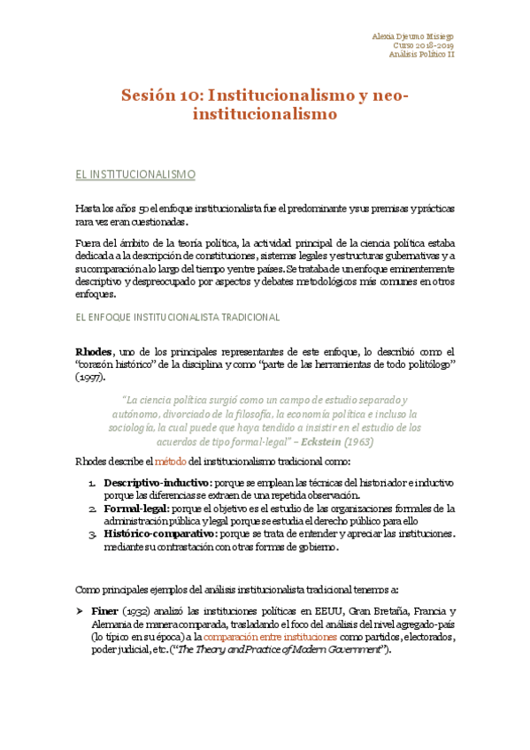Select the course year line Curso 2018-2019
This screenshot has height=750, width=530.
[423, 44]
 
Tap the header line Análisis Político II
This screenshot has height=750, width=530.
[420, 54]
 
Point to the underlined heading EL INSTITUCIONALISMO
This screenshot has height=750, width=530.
[134, 175]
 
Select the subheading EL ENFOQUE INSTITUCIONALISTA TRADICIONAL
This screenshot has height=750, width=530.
[177, 316]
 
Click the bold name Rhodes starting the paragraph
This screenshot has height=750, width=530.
[95, 351]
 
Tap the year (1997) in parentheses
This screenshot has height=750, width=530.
[89, 377]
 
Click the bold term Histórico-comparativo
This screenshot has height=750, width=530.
[159, 533]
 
